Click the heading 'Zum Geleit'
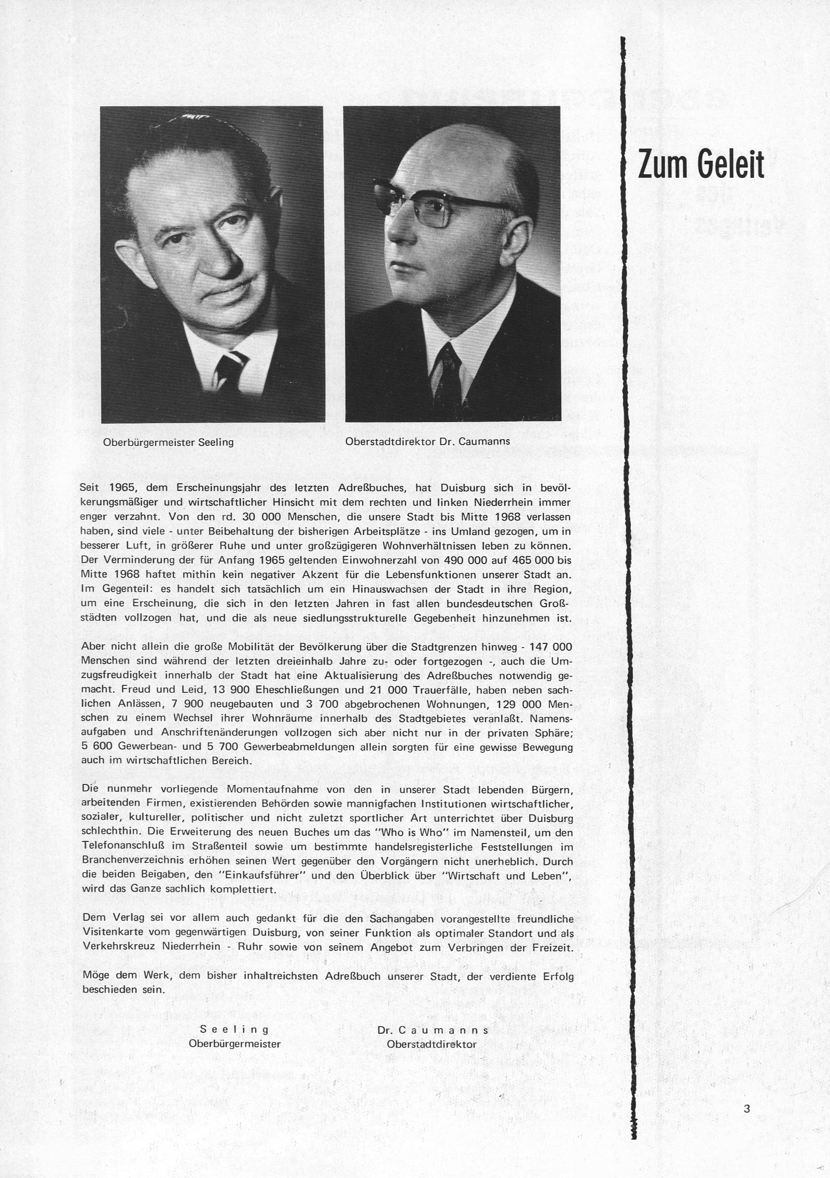click(701, 165)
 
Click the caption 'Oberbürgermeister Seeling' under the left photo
click(169, 443)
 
